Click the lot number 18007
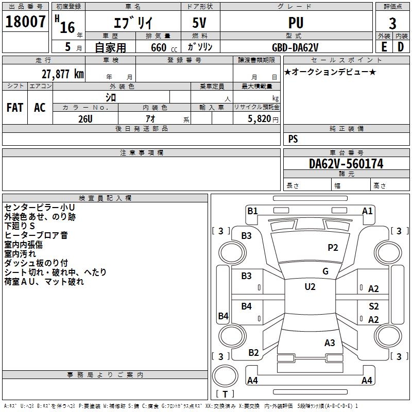point(25,21)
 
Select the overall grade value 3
point(392,24)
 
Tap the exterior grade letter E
point(384,47)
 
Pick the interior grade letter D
point(401,47)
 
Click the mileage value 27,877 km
point(62,74)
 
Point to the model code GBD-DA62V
point(295,47)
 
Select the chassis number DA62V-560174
point(346,164)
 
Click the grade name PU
point(296,23)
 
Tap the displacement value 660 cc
point(164,48)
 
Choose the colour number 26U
point(85,119)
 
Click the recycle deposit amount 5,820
point(260,119)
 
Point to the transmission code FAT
point(15,108)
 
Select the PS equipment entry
point(293,139)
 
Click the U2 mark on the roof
point(310,287)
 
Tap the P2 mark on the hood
point(333,248)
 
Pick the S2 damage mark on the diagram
point(374,306)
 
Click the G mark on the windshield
point(325,271)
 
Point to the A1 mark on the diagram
point(367,211)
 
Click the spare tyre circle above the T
point(225,376)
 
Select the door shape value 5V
point(199,23)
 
